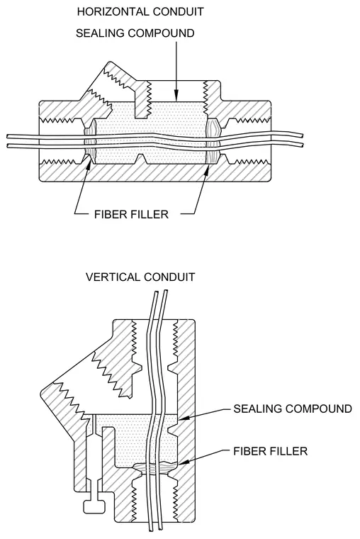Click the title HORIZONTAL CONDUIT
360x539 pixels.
click(140, 11)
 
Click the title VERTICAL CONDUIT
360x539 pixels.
click(140, 277)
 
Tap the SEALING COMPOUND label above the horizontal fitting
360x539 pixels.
click(135, 33)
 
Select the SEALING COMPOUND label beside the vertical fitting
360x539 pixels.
click(293, 409)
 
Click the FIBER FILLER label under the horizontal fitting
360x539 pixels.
click(131, 214)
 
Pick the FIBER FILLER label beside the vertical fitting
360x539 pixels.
click(270, 451)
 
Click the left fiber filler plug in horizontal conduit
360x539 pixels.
click(89, 142)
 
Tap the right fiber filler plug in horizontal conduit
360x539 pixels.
click(213, 142)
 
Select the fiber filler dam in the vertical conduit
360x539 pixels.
click(155, 469)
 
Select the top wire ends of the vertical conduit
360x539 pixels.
click(160, 292)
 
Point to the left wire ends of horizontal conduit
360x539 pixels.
click(9, 142)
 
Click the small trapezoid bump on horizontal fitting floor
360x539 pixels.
click(142, 159)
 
